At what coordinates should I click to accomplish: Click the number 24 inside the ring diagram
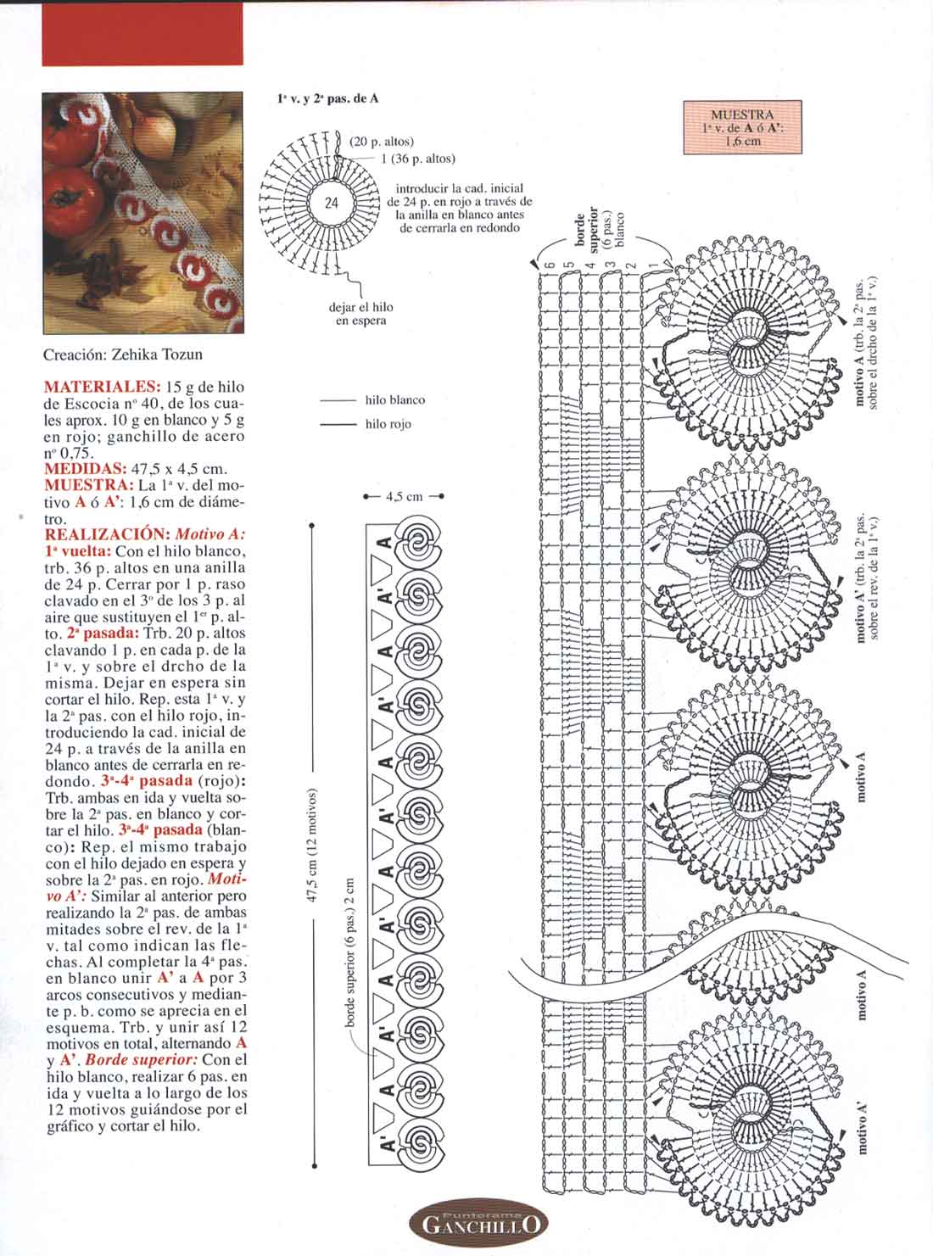pyautogui.click(x=332, y=204)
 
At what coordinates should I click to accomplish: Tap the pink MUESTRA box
pyautogui.click(x=742, y=128)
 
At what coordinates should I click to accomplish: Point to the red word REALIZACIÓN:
pyautogui.click(x=107, y=535)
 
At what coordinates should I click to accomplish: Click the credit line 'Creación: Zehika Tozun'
pyautogui.click(x=123, y=354)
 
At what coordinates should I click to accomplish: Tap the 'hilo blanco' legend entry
pyautogui.click(x=394, y=400)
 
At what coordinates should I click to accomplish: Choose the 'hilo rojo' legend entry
pyautogui.click(x=388, y=424)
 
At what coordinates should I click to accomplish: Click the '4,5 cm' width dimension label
pyautogui.click(x=404, y=497)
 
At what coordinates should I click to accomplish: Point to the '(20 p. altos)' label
pyautogui.click(x=382, y=142)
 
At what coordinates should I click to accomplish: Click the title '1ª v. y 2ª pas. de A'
pyautogui.click(x=327, y=98)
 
